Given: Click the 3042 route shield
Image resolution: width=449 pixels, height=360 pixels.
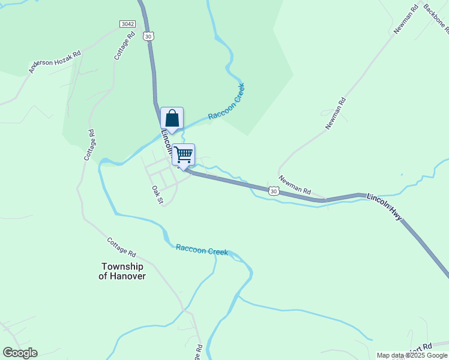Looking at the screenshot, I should click(127, 24).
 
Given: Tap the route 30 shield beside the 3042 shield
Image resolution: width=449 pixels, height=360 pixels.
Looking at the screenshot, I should click(148, 36).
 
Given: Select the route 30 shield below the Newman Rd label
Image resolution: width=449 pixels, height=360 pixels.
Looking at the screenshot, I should click(274, 191).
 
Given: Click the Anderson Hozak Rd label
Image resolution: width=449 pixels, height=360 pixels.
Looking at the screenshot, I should click(55, 62).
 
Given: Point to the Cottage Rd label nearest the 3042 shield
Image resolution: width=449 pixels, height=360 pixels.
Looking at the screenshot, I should click(123, 45).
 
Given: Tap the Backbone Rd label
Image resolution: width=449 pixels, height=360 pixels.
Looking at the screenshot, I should click(436, 16).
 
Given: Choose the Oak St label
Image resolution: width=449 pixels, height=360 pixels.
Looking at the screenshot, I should click(157, 194).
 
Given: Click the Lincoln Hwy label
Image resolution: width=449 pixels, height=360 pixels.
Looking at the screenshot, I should click(384, 206).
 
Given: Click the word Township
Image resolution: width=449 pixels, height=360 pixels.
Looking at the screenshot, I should click(122, 266).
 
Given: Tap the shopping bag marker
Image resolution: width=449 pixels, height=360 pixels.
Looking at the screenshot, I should click(172, 119).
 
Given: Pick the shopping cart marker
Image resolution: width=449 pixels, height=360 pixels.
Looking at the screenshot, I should click(183, 155).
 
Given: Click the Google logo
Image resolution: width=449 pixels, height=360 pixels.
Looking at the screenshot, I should click(20, 353).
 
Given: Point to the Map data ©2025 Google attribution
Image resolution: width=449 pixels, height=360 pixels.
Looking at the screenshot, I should click(411, 355).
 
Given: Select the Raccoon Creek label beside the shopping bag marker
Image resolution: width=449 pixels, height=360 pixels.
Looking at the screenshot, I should click(226, 101).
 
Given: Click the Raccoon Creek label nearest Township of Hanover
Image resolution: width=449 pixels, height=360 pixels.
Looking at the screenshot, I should click(202, 250).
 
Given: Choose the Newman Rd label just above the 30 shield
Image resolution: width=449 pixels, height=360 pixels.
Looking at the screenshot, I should click(295, 185).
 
